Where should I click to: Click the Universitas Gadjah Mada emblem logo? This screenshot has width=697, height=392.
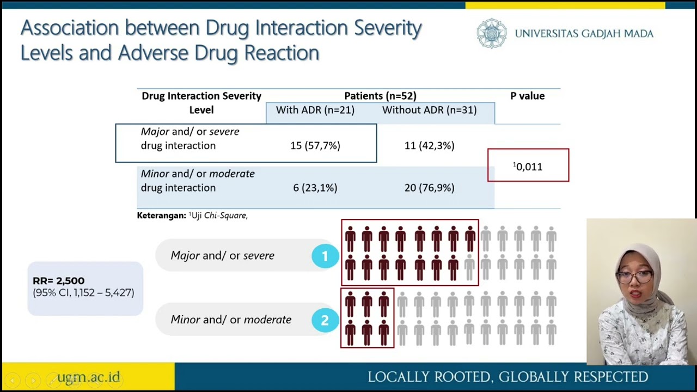(x=492, y=34)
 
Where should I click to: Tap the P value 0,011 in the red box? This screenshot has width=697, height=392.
(x=528, y=167)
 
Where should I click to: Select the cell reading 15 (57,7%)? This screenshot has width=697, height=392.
(x=315, y=145)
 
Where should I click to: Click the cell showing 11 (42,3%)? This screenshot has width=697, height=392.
(x=429, y=145)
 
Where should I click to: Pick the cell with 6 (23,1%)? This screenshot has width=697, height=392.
(x=315, y=187)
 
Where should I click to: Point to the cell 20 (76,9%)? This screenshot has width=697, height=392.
(x=429, y=187)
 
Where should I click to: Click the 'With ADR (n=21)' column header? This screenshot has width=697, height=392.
(x=315, y=110)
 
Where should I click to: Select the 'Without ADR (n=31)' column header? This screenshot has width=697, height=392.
(x=429, y=110)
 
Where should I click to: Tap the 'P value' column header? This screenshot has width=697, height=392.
(x=527, y=96)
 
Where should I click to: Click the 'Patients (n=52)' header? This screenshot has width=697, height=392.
(x=380, y=96)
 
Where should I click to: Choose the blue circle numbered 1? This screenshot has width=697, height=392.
(x=325, y=256)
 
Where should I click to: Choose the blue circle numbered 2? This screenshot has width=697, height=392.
(x=325, y=320)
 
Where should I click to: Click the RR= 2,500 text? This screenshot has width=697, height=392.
(x=59, y=281)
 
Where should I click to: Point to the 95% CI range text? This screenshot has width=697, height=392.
(x=83, y=293)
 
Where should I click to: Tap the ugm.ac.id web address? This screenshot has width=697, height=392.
(x=88, y=377)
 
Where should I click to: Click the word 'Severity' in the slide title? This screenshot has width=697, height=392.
(x=388, y=28)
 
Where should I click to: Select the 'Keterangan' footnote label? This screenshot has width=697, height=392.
(x=161, y=216)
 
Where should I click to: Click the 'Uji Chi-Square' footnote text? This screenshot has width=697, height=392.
(x=219, y=216)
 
